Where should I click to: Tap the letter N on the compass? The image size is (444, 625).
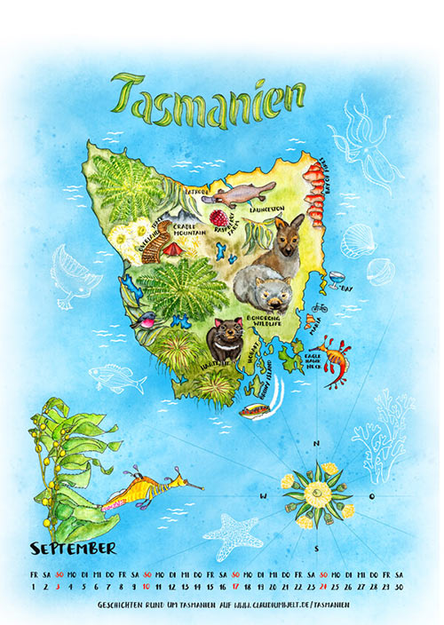(316, 444)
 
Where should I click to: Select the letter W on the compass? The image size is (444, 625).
(263, 495)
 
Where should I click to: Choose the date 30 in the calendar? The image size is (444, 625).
(399, 586)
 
